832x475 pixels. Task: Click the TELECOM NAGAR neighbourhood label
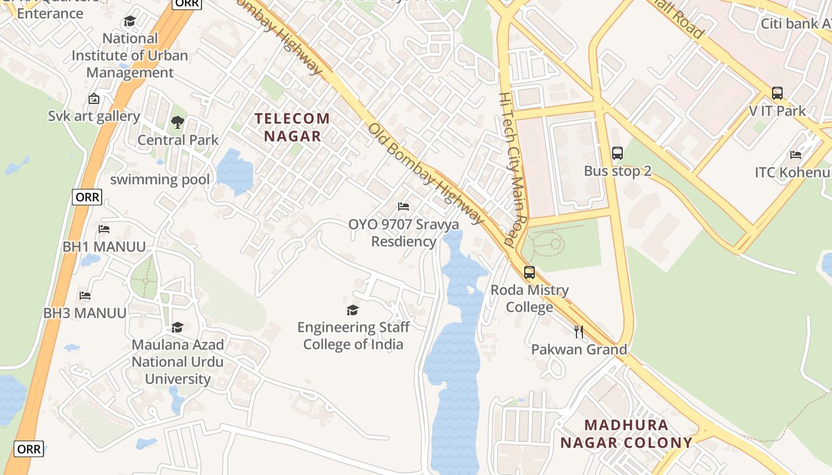[292, 127]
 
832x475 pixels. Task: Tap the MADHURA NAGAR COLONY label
[626, 434]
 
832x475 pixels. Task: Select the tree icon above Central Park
[177, 123]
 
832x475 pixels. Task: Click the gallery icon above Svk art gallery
[93, 99]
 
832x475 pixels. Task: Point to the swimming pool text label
[160, 179]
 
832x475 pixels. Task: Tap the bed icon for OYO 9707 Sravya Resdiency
[404, 207]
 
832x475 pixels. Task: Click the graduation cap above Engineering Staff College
[352, 310]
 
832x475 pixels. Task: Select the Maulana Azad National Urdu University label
[177, 362]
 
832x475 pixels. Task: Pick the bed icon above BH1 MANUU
[104, 229]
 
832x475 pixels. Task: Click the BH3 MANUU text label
[84, 313]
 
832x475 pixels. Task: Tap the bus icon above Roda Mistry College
[529, 273]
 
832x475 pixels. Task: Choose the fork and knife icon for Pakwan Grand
[579, 331]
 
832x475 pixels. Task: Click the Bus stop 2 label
[617, 171]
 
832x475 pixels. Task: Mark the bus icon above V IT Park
[777, 93]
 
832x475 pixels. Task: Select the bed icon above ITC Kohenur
[796, 155]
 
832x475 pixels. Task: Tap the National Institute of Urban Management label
[130, 56]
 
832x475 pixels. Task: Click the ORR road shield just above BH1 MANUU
[87, 197]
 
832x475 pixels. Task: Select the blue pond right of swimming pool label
[235, 172]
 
